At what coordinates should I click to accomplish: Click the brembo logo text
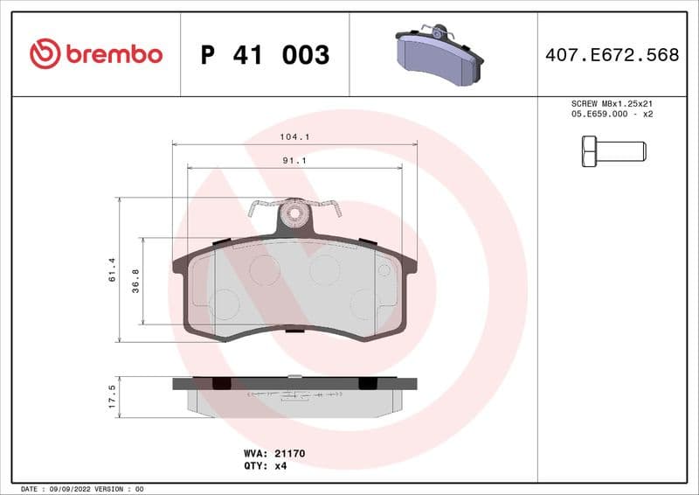113,54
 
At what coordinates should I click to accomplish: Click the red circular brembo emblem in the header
45,54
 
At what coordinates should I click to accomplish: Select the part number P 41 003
265,55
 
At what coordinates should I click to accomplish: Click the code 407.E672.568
612,55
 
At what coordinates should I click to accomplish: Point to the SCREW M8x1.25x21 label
612,103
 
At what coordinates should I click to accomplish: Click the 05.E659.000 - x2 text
612,114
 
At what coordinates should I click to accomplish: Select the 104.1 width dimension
294,137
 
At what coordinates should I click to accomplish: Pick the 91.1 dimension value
294,161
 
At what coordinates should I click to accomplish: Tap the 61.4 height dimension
112,269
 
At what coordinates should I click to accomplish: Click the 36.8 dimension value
135,281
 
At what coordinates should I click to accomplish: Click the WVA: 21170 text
273,454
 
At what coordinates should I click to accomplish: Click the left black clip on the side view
221,383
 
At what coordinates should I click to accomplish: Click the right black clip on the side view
369,383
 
